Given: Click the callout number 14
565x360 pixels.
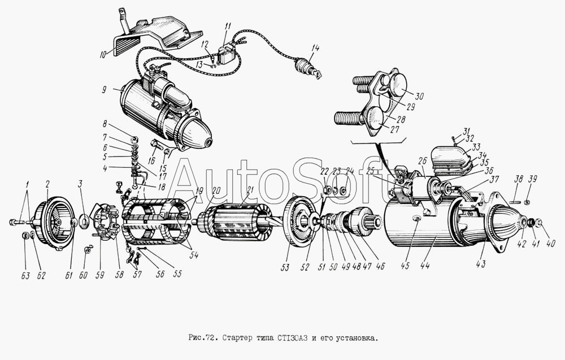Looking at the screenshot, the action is coord(315,48).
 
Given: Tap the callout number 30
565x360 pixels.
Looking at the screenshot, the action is coord(419,96).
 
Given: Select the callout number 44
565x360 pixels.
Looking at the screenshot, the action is coord(425,266).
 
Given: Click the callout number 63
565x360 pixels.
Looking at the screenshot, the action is coord(25,276).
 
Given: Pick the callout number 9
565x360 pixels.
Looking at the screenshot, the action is coord(104,89).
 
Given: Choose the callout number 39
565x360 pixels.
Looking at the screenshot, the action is coord(533,179).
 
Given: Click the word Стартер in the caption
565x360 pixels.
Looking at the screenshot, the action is coord(236,339).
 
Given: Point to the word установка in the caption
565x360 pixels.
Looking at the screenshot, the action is coord(358,339).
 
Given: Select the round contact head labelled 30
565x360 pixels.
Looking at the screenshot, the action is coord(397,84).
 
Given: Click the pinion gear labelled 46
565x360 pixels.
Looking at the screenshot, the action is coord(365,222).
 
